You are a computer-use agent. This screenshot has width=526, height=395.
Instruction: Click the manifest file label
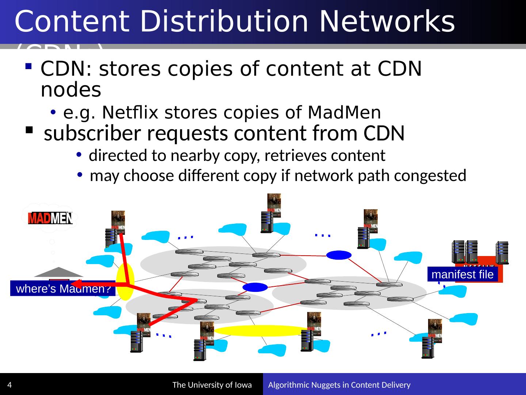point(462,274)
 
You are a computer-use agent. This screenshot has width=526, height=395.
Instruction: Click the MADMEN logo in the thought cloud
point(51,218)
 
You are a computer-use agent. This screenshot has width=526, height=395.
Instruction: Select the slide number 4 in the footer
point(9,385)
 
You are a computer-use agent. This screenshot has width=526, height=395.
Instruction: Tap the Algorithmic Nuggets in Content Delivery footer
point(340,385)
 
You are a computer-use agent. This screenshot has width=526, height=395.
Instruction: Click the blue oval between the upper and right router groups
point(339,255)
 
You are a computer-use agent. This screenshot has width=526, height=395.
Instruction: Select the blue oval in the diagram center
point(255,287)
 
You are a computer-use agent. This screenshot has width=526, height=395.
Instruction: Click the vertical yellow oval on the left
point(125,282)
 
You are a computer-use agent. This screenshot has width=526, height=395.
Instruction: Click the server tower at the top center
point(266,221)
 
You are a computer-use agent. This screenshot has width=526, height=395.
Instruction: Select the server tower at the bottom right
point(427,347)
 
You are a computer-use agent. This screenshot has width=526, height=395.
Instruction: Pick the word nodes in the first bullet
point(71,90)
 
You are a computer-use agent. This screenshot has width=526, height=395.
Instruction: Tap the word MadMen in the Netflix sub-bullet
point(344,113)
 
